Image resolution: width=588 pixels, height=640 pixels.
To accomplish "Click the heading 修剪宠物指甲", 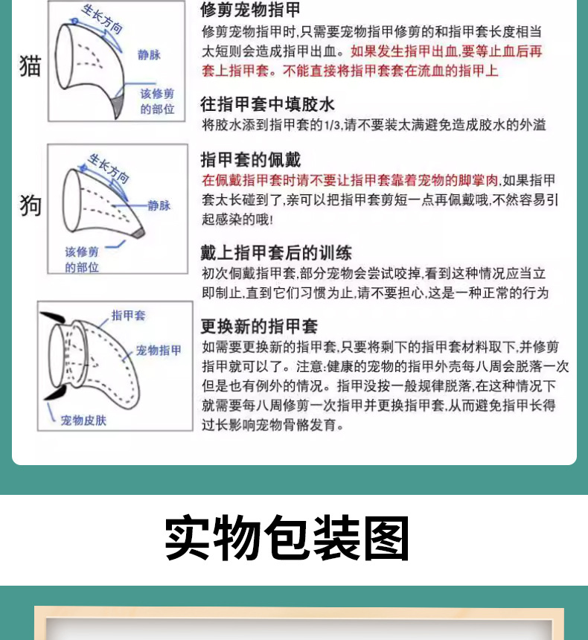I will click(251, 10).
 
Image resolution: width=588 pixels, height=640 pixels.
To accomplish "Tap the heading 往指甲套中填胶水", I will click(267, 103).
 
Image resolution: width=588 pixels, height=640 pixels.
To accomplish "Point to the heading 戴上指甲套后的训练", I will click(276, 252).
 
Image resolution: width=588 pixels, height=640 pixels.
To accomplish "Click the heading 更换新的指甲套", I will click(259, 326).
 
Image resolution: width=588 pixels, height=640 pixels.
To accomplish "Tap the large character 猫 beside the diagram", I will click(31, 66).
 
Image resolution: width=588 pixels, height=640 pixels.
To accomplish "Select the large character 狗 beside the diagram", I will click(31, 205).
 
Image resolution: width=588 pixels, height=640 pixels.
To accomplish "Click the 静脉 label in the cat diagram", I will click(149, 54).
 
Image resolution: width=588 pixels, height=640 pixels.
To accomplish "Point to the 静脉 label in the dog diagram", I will click(159, 205).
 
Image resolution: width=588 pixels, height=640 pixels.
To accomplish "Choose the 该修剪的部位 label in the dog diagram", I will click(82, 259).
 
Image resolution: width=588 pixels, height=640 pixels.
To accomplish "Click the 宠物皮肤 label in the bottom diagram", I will click(83, 420).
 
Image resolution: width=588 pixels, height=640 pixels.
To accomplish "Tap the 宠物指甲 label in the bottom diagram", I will click(159, 350).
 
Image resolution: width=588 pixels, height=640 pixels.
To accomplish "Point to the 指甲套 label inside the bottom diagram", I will click(128, 316).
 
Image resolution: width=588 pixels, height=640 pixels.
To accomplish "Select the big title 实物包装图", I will click(287, 538).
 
